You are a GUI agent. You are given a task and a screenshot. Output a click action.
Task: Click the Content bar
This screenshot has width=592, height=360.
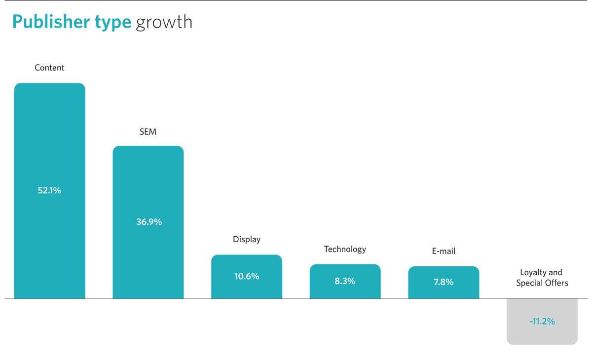point(50,191)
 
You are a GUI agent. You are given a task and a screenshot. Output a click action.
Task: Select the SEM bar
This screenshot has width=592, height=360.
point(148,222)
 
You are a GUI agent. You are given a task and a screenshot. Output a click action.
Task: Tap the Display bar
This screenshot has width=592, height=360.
point(247,277)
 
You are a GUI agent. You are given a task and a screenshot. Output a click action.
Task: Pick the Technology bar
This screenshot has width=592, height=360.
point(345,281)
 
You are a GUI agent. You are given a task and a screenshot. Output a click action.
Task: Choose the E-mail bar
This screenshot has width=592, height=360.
point(444,283)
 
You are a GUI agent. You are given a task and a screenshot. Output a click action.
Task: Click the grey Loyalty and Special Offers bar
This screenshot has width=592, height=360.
point(542,322)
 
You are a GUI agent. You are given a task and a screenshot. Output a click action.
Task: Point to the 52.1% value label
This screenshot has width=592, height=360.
point(49,190)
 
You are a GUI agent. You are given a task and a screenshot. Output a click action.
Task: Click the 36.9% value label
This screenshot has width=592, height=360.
point(149,222)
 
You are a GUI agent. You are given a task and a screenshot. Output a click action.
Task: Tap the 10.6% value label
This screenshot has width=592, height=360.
point(247,276)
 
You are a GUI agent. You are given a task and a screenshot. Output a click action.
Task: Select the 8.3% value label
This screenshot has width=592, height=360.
point(345,281)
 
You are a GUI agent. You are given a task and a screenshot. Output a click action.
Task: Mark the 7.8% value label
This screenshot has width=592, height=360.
point(444,282)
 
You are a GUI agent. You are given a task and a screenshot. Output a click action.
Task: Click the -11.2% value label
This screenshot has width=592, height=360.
point(542,322)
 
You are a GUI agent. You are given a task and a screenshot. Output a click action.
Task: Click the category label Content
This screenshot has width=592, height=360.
point(49,68)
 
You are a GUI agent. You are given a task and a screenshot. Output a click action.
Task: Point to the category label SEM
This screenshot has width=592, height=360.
point(148,132)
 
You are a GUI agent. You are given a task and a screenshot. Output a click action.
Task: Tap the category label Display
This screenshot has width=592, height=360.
point(247,239)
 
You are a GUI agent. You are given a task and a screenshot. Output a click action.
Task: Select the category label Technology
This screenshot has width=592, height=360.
point(345,250)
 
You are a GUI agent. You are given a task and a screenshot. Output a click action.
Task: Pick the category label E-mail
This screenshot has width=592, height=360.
point(444,251)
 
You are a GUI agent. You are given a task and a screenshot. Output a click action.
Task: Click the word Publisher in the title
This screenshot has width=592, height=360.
point(51,22)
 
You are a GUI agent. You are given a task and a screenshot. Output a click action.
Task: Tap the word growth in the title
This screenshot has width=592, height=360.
point(164,23)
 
